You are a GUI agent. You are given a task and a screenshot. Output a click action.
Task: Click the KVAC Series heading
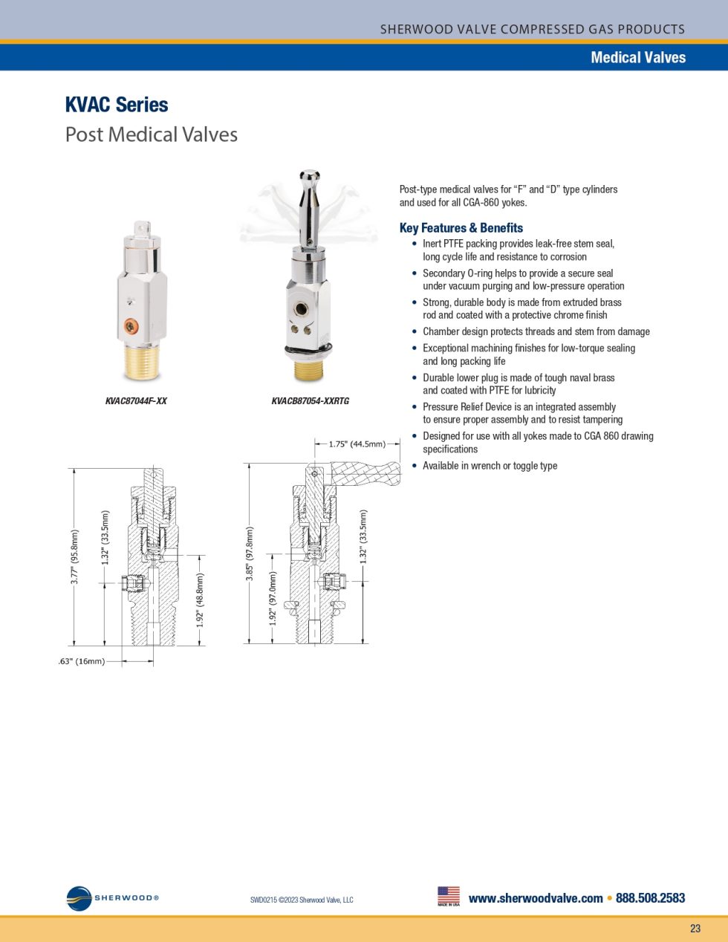[117, 105]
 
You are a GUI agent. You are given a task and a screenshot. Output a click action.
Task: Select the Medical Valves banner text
[637, 57]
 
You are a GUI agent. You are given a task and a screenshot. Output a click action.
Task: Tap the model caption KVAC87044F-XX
[136, 401]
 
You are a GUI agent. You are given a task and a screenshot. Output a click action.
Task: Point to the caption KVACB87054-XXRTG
[310, 401]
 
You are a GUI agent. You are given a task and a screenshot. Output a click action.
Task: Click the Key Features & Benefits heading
[461, 228]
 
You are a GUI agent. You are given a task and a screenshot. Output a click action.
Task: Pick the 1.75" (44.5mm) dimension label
[357, 444]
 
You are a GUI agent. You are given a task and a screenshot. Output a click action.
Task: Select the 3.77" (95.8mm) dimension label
[74, 557]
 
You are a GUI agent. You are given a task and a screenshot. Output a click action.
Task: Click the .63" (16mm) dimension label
[82, 661]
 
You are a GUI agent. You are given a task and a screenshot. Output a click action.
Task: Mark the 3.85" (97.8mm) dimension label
[250, 553]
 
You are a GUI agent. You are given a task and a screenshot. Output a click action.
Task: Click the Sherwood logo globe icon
[79, 899]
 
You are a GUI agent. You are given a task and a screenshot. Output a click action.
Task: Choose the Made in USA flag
[449, 895]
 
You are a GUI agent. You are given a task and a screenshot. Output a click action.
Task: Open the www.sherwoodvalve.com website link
[536, 898]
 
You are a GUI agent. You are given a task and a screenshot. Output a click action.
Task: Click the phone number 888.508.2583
[650, 898]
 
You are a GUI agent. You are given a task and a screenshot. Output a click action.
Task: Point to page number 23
[695, 929]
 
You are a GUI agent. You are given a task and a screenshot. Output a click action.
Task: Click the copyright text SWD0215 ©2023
[302, 900]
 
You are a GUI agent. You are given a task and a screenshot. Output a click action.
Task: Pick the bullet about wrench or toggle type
[490, 466]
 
